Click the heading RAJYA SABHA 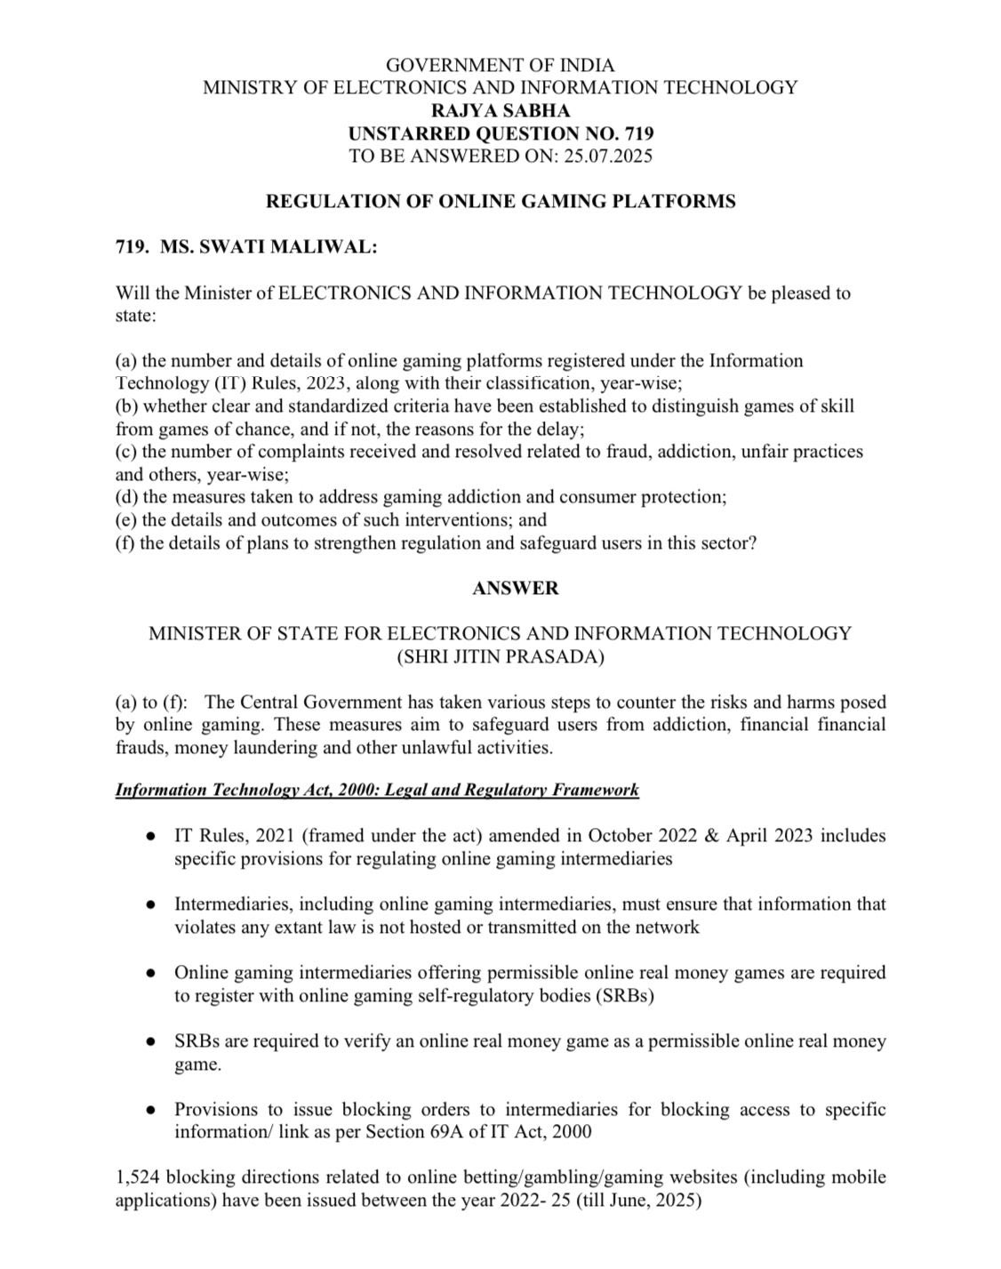coord(500,111)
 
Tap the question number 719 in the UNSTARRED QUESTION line coord(639,134)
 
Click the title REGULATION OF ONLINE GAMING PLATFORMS coord(500,202)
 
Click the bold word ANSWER coord(516,588)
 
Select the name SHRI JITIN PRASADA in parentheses coord(500,657)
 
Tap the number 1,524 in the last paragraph coord(138,1177)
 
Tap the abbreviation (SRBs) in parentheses coord(623,996)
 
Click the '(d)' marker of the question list coord(127,497)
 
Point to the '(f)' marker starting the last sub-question coord(125,542)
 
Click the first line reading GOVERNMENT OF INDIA coord(500,65)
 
